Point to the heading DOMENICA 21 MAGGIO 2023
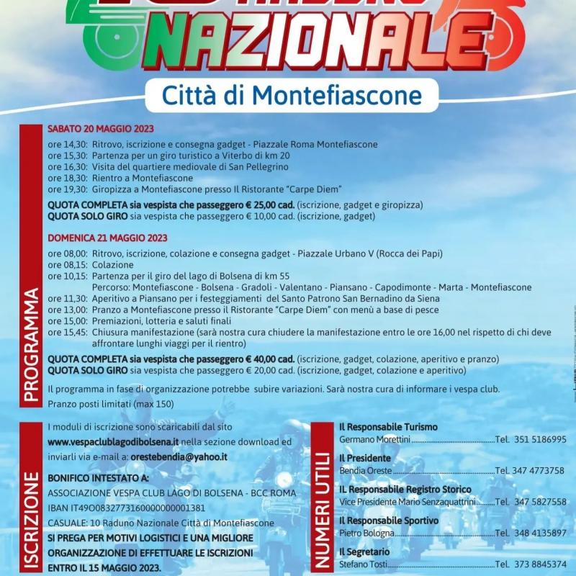pos(107,238)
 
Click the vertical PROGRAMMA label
pos(31,344)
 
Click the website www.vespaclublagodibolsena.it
pos(114,442)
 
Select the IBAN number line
pos(126,508)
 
